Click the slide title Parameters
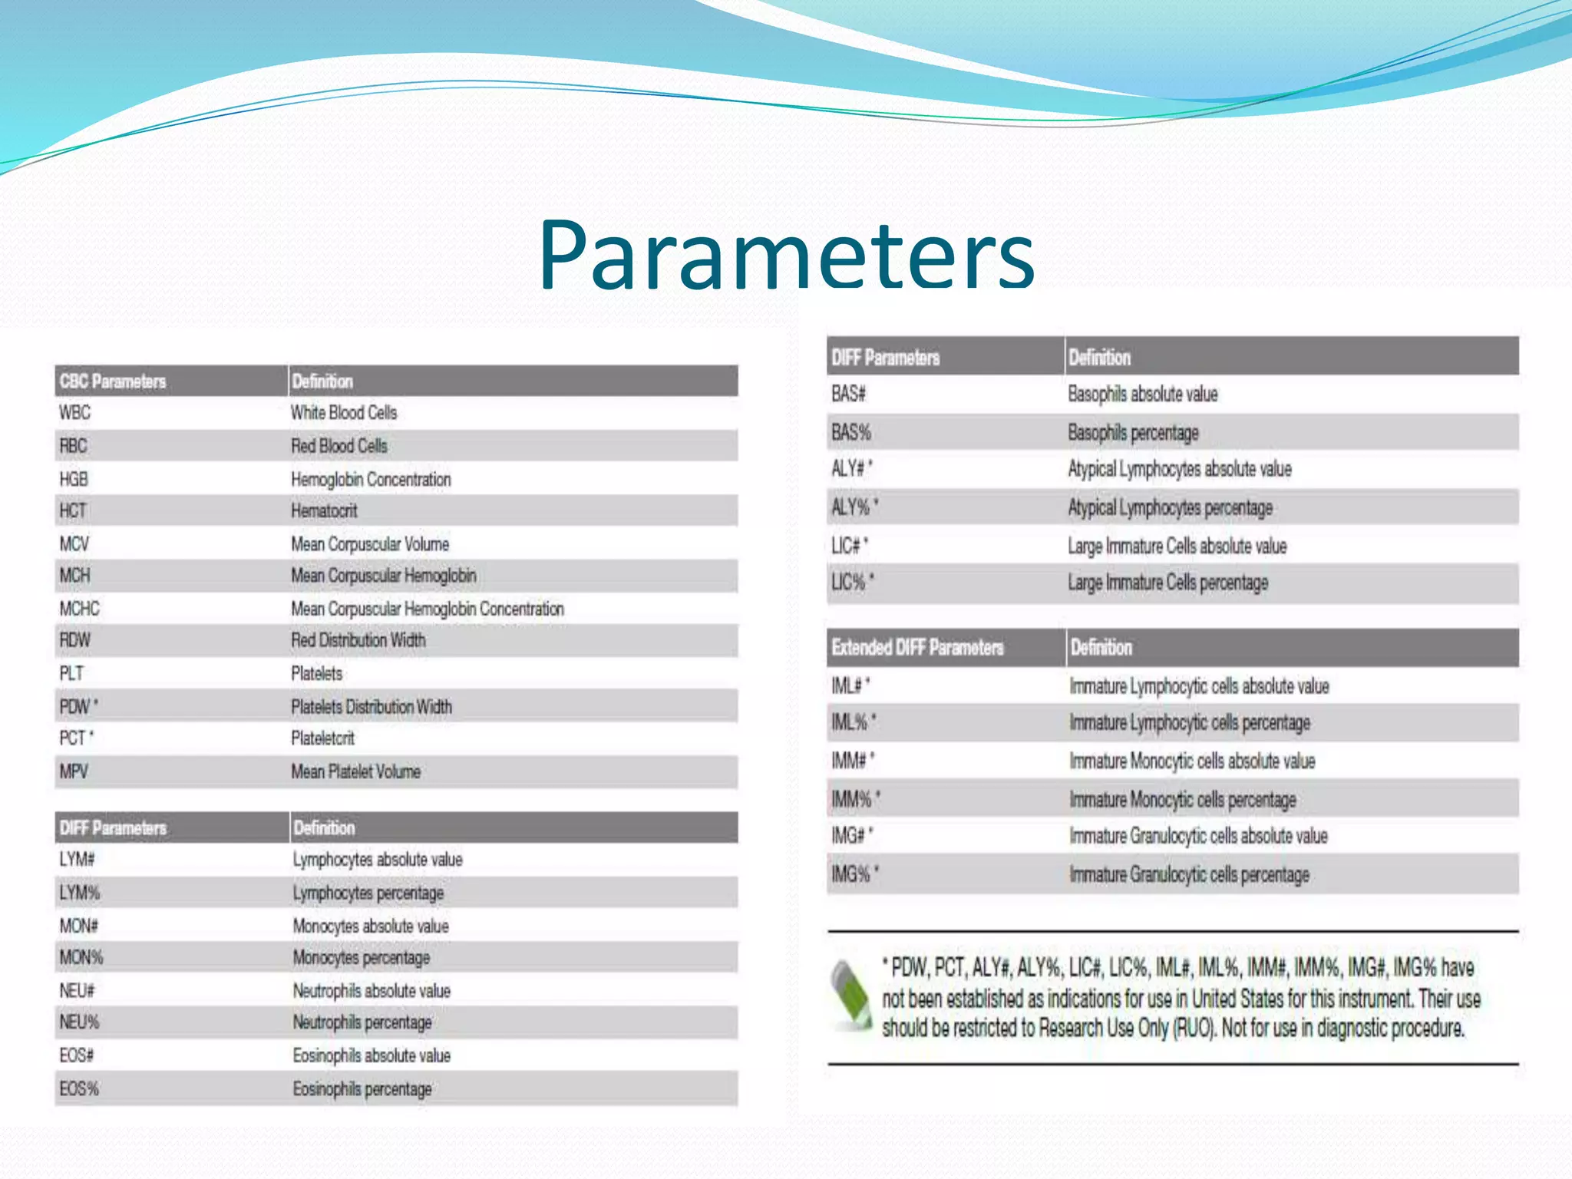click(787, 255)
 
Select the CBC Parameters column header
click(113, 381)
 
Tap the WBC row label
click(74, 413)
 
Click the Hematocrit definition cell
click(324, 511)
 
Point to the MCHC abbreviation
click(80, 609)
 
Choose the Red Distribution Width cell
click(358, 640)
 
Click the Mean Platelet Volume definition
click(355, 771)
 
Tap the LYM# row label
click(77, 860)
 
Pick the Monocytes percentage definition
click(362, 958)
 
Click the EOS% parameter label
click(79, 1089)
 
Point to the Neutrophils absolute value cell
click(372, 991)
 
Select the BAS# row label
click(848, 395)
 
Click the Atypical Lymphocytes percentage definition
click(1170, 508)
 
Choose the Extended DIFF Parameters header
click(917, 648)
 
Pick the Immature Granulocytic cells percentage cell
click(1189, 874)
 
